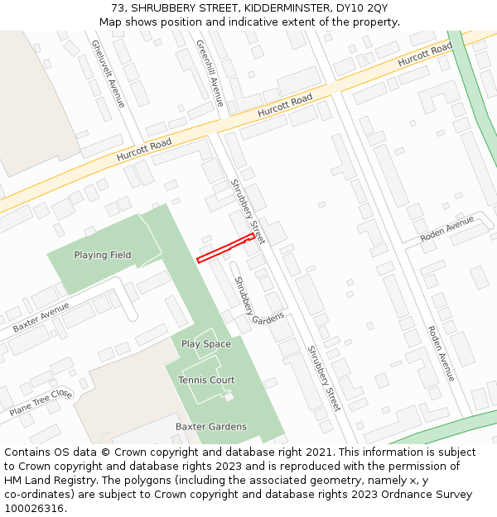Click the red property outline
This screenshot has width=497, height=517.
pyautogui.click(x=225, y=248)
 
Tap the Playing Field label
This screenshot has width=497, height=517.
pyautogui.click(x=103, y=255)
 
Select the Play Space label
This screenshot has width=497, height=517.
pyautogui.click(x=206, y=344)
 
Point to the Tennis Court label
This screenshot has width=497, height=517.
pyautogui.click(x=206, y=381)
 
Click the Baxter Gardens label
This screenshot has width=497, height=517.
pyautogui.click(x=210, y=427)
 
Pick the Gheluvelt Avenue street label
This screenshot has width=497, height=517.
pyautogui.click(x=108, y=74)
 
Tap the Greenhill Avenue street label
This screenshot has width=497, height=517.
pyautogui.click(x=210, y=72)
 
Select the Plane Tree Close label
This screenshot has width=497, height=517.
pyautogui.click(x=41, y=403)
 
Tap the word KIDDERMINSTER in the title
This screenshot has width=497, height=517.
pyautogui.click(x=268, y=8)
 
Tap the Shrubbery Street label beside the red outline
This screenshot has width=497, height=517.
pyautogui.click(x=246, y=211)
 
